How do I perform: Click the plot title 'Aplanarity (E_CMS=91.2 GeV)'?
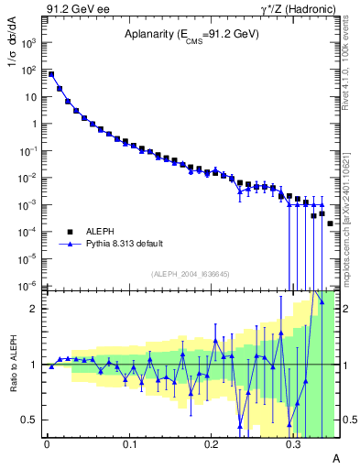191,36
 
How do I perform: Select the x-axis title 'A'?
335,457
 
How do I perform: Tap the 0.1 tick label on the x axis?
128,443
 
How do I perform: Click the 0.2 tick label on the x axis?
211,443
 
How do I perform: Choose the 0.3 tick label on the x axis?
293,443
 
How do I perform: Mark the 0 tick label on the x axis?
47,443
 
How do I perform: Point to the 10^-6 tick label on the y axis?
31,286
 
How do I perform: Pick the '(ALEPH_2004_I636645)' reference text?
191,274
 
